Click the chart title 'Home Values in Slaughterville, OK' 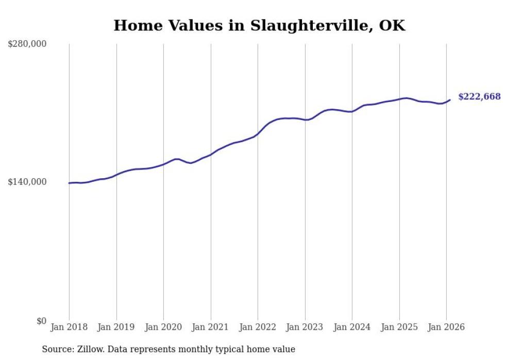click(259, 25)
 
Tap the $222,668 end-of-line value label click(479, 97)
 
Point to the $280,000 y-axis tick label click(27, 44)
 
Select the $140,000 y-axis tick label click(27, 182)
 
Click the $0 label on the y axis click(41, 321)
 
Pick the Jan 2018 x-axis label click(69, 327)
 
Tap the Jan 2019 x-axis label click(116, 327)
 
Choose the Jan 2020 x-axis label click(163, 327)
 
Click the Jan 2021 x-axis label click(211, 327)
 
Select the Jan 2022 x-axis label click(258, 327)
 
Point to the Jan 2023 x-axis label click(305, 327)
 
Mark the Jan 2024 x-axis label click(352, 327)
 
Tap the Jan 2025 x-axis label click(399, 327)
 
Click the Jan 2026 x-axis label click(446, 327)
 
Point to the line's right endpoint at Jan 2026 click(450, 100)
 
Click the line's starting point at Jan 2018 click(69, 183)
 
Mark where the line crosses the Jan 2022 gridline click(258, 133)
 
